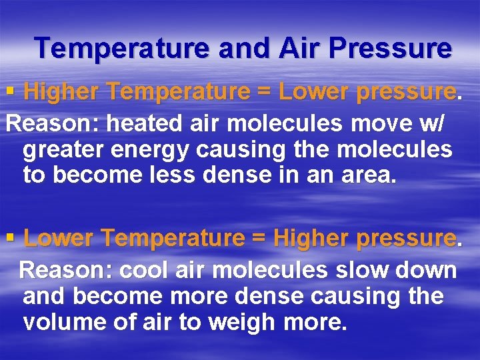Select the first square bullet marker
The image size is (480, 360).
10,92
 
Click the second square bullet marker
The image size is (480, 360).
10,237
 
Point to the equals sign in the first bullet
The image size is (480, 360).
263,93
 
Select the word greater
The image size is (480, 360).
63,149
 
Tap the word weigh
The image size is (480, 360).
242,323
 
